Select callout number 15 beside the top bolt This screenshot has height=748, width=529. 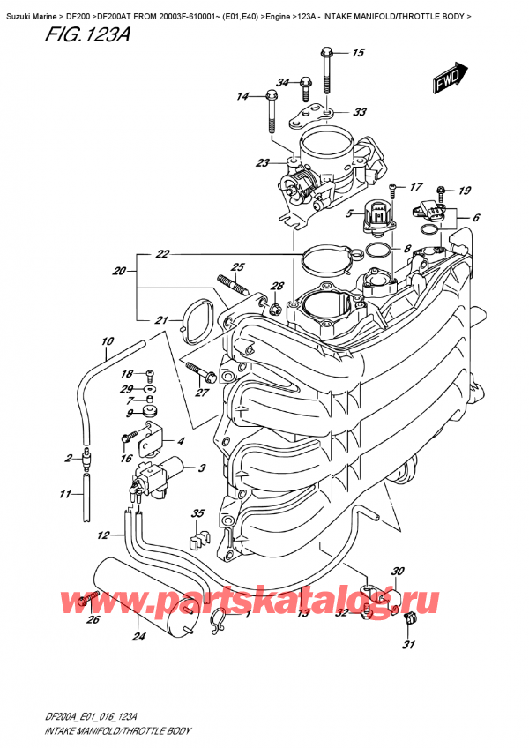(357, 54)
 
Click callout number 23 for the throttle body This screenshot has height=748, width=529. (262, 162)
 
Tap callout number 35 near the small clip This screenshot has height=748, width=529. (197, 513)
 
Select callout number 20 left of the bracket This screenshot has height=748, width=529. (120, 272)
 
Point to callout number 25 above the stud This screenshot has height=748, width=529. (236, 266)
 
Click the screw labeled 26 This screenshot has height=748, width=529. (86, 601)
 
